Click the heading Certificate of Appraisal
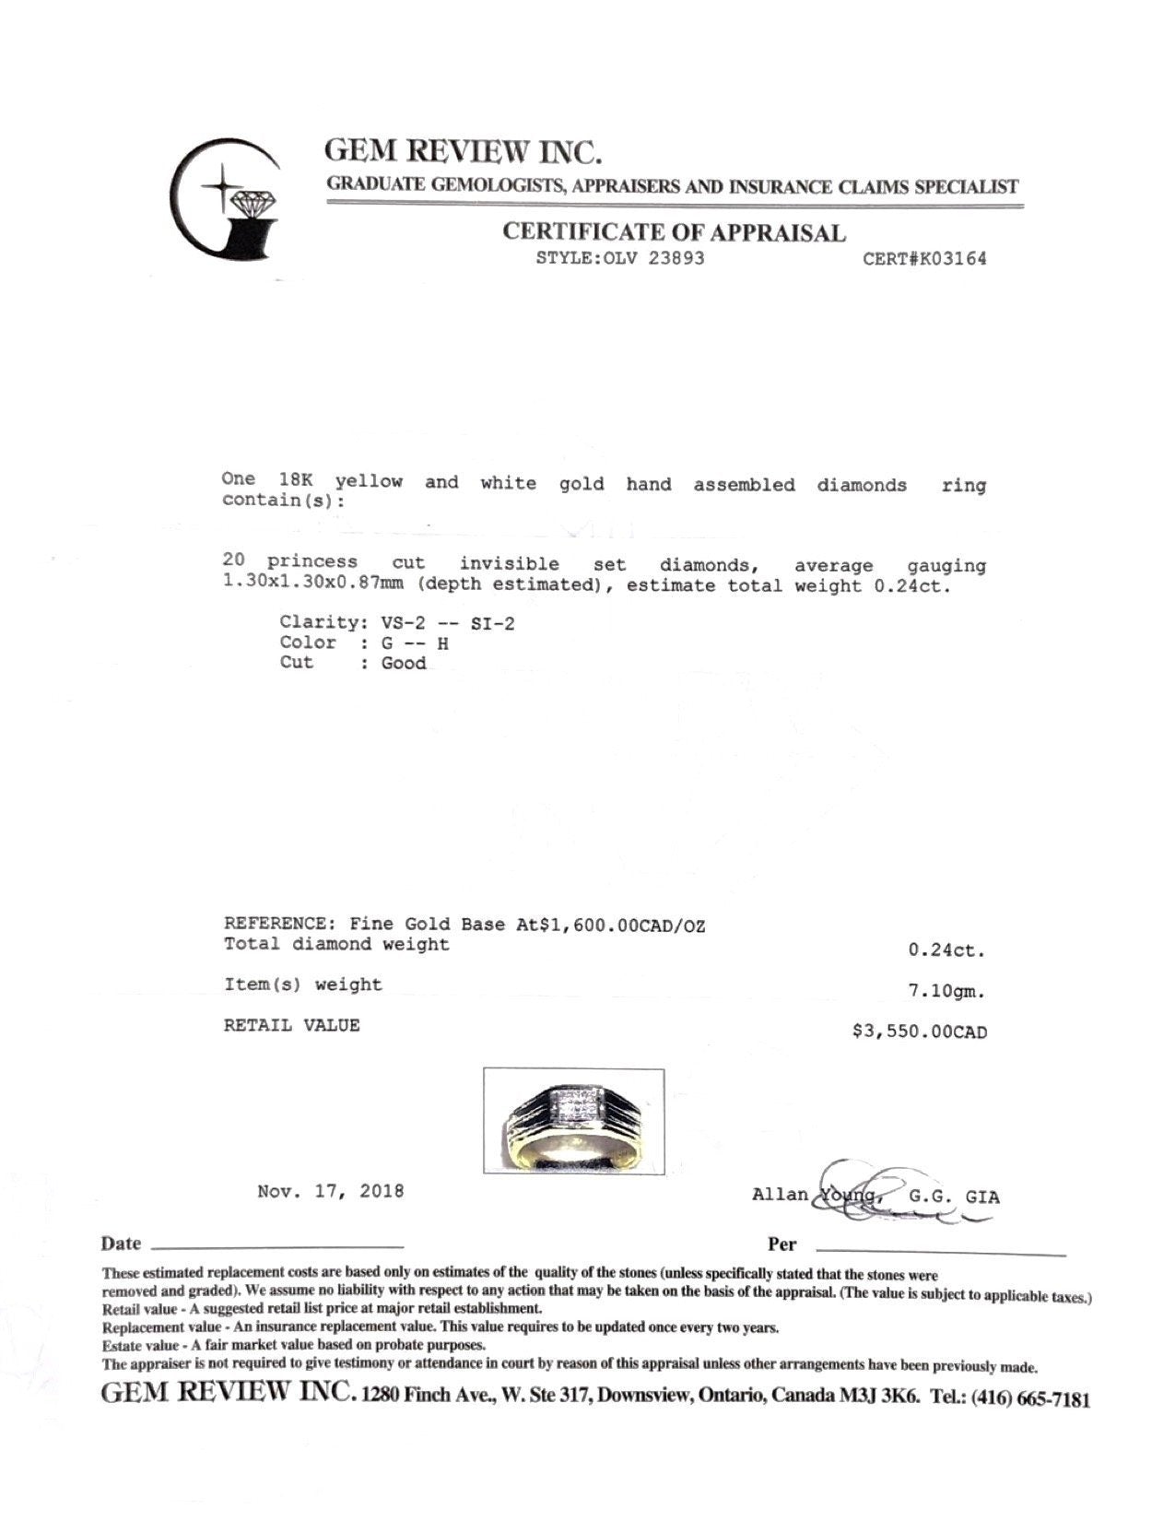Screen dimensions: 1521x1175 (x=674, y=232)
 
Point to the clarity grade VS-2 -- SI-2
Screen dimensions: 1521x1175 (x=448, y=623)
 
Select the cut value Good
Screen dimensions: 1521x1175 (x=404, y=664)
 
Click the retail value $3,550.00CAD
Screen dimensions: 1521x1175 (x=919, y=1032)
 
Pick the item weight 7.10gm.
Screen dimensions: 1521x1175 (x=946, y=992)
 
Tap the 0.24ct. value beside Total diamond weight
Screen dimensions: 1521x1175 (x=946, y=950)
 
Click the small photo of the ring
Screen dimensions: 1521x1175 (x=573, y=1121)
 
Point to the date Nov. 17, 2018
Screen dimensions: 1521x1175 (x=330, y=1191)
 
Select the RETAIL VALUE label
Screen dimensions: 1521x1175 (x=291, y=1025)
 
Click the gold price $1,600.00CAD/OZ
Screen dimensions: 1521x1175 (x=610, y=926)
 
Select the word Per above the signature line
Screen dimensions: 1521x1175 (x=781, y=1244)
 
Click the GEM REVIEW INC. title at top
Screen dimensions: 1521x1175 (x=464, y=151)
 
